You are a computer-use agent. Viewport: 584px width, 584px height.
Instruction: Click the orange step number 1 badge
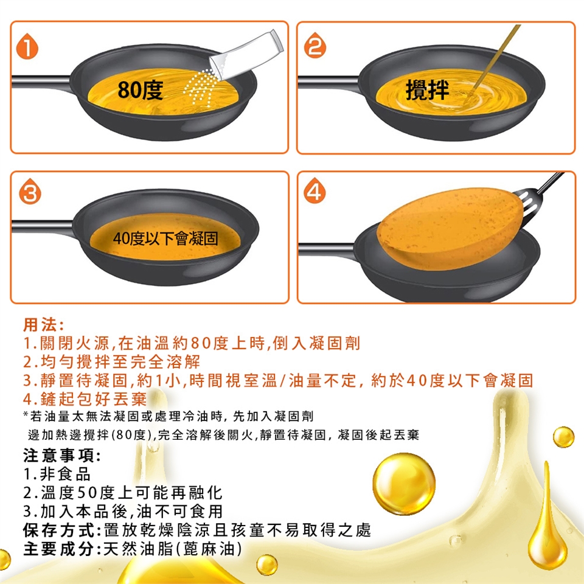click(x=27, y=47)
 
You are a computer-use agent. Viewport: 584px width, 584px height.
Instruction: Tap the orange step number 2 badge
click(x=315, y=46)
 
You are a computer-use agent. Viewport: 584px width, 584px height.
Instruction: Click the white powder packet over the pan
click(x=246, y=55)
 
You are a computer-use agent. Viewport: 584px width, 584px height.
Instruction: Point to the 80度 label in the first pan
click(x=141, y=90)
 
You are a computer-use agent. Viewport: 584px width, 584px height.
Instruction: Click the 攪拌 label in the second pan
click(x=427, y=90)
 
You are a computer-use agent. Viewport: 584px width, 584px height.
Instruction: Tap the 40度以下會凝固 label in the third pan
click(x=165, y=238)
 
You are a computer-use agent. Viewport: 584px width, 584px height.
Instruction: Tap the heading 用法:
click(x=44, y=325)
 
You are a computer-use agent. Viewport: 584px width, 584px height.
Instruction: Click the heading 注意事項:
click(x=62, y=456)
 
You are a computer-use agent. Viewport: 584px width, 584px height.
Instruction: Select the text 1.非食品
click(x=57, y=474)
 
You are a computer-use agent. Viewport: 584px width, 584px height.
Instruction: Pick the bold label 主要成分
click(x=59, y=549)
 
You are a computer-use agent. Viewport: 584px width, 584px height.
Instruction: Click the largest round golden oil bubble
click(x=404, y=484)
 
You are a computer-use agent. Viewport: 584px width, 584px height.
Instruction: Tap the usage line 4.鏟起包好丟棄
click(x=85, y=399)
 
